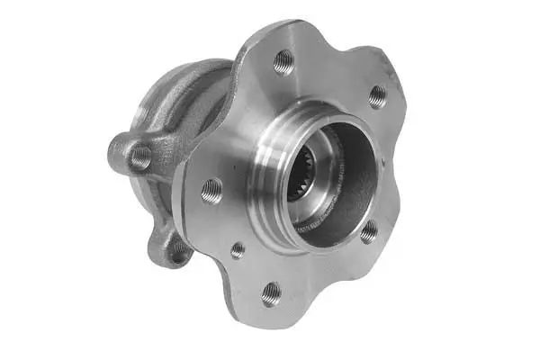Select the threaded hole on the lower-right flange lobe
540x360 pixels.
[368, 231]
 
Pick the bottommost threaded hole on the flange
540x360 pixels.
[271, 292]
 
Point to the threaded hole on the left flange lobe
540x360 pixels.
[211, 189]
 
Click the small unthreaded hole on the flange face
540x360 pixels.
[238, 250]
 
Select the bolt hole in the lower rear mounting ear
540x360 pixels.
[178, 248]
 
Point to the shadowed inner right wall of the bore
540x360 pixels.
[360, 180]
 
